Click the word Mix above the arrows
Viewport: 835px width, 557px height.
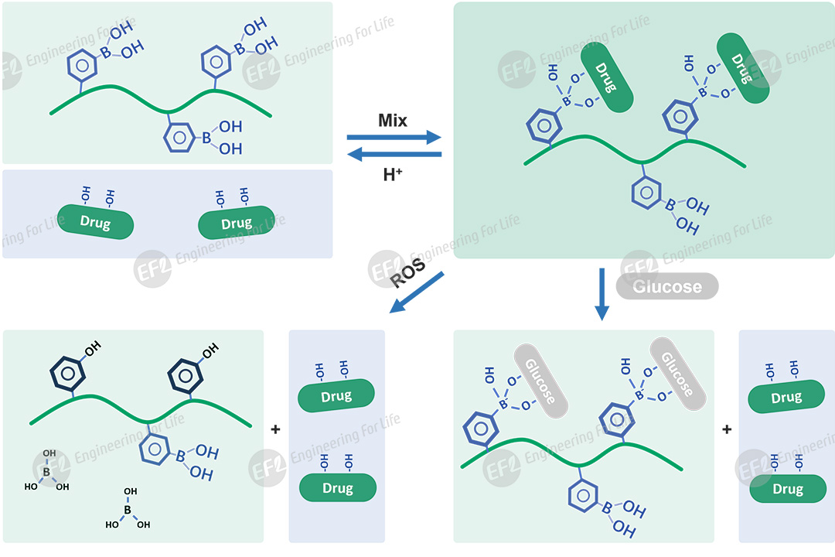click(393, 121)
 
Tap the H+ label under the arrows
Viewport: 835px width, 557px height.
click(394, 174)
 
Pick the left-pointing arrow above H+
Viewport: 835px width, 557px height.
click(394, 155)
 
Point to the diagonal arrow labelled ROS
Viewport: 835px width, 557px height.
click(417, 292)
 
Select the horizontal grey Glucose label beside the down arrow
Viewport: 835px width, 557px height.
click(667, 287)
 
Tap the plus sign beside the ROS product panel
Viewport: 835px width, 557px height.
click(276, 429)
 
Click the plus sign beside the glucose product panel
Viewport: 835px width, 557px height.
click(727, 429)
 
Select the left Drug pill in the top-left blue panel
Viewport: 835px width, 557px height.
click(96, 223)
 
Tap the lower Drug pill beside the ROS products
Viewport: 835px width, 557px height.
click(338, 488)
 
